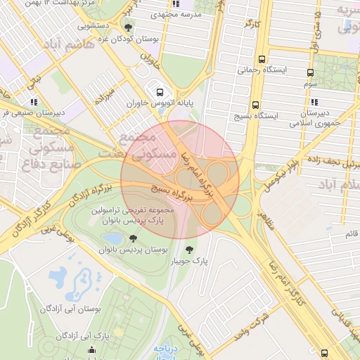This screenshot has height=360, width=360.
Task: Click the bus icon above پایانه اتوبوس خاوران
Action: [160, 91]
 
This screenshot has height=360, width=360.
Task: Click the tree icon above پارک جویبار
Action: [188, 250]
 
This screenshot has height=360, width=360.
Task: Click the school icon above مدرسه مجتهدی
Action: [176, 4]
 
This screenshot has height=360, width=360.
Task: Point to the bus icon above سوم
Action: [310, 72]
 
